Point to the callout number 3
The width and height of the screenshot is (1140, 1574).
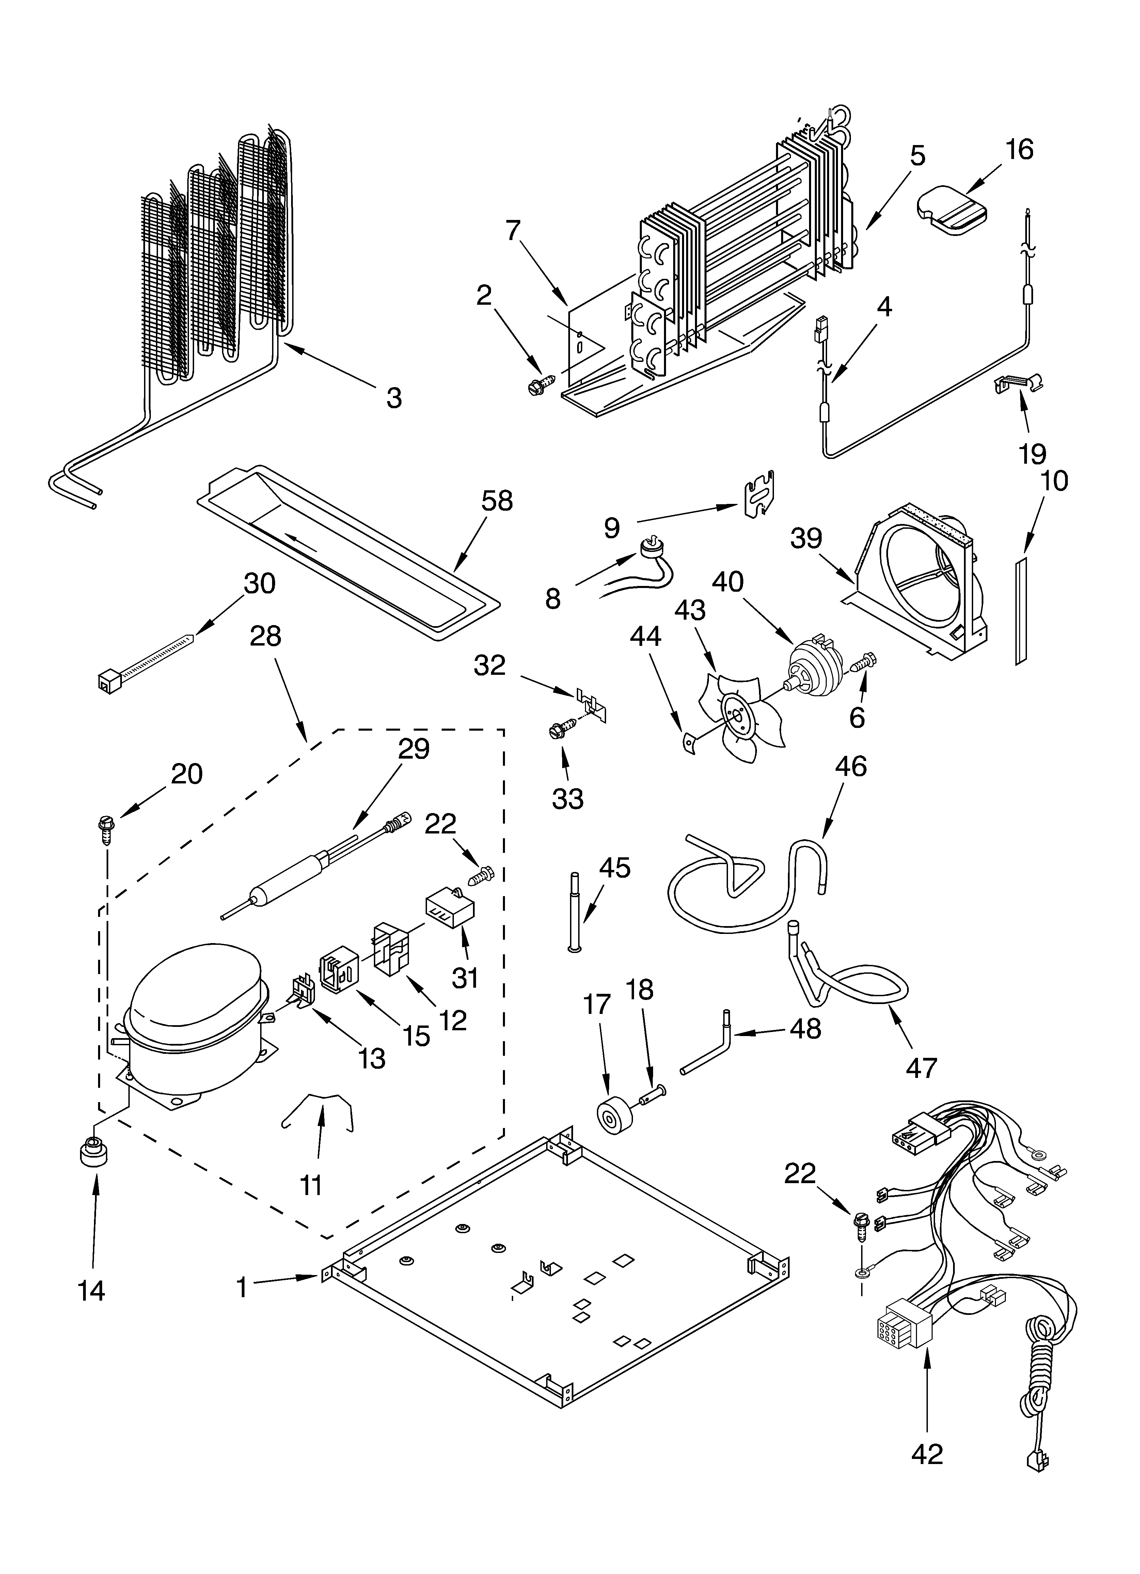(x=394, y=398)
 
